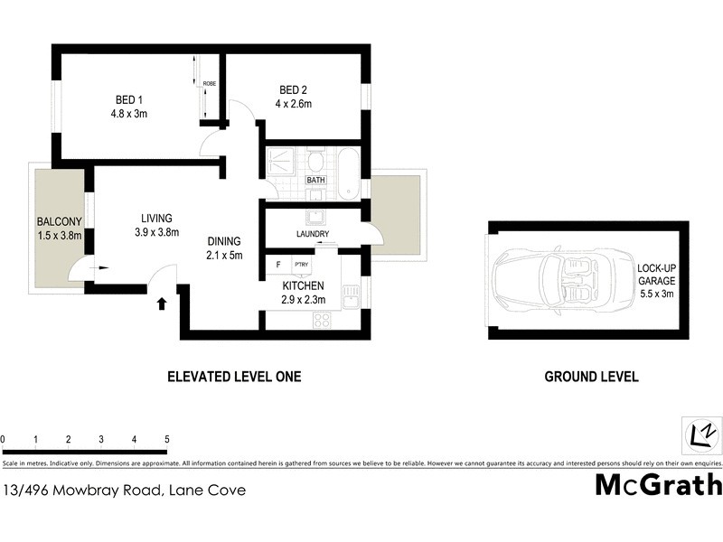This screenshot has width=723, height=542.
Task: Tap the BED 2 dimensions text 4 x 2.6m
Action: [295, 104]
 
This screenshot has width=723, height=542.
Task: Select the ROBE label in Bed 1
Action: [210, 84]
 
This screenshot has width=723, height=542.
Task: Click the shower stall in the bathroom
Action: [281, 162]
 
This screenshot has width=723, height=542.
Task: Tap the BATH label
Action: [315, 180]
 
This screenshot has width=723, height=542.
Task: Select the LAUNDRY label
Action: [312, 234]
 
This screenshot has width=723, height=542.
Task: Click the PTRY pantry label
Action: [300, 265]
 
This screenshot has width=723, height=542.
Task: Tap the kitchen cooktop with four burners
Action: [323, 319]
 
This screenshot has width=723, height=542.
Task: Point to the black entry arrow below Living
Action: [162, 304]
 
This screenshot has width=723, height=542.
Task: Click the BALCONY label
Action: [60, 222]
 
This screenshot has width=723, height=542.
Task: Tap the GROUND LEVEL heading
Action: [591, 377]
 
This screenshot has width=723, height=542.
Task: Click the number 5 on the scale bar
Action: [167, 440]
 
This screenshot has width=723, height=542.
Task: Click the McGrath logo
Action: [658, 485]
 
